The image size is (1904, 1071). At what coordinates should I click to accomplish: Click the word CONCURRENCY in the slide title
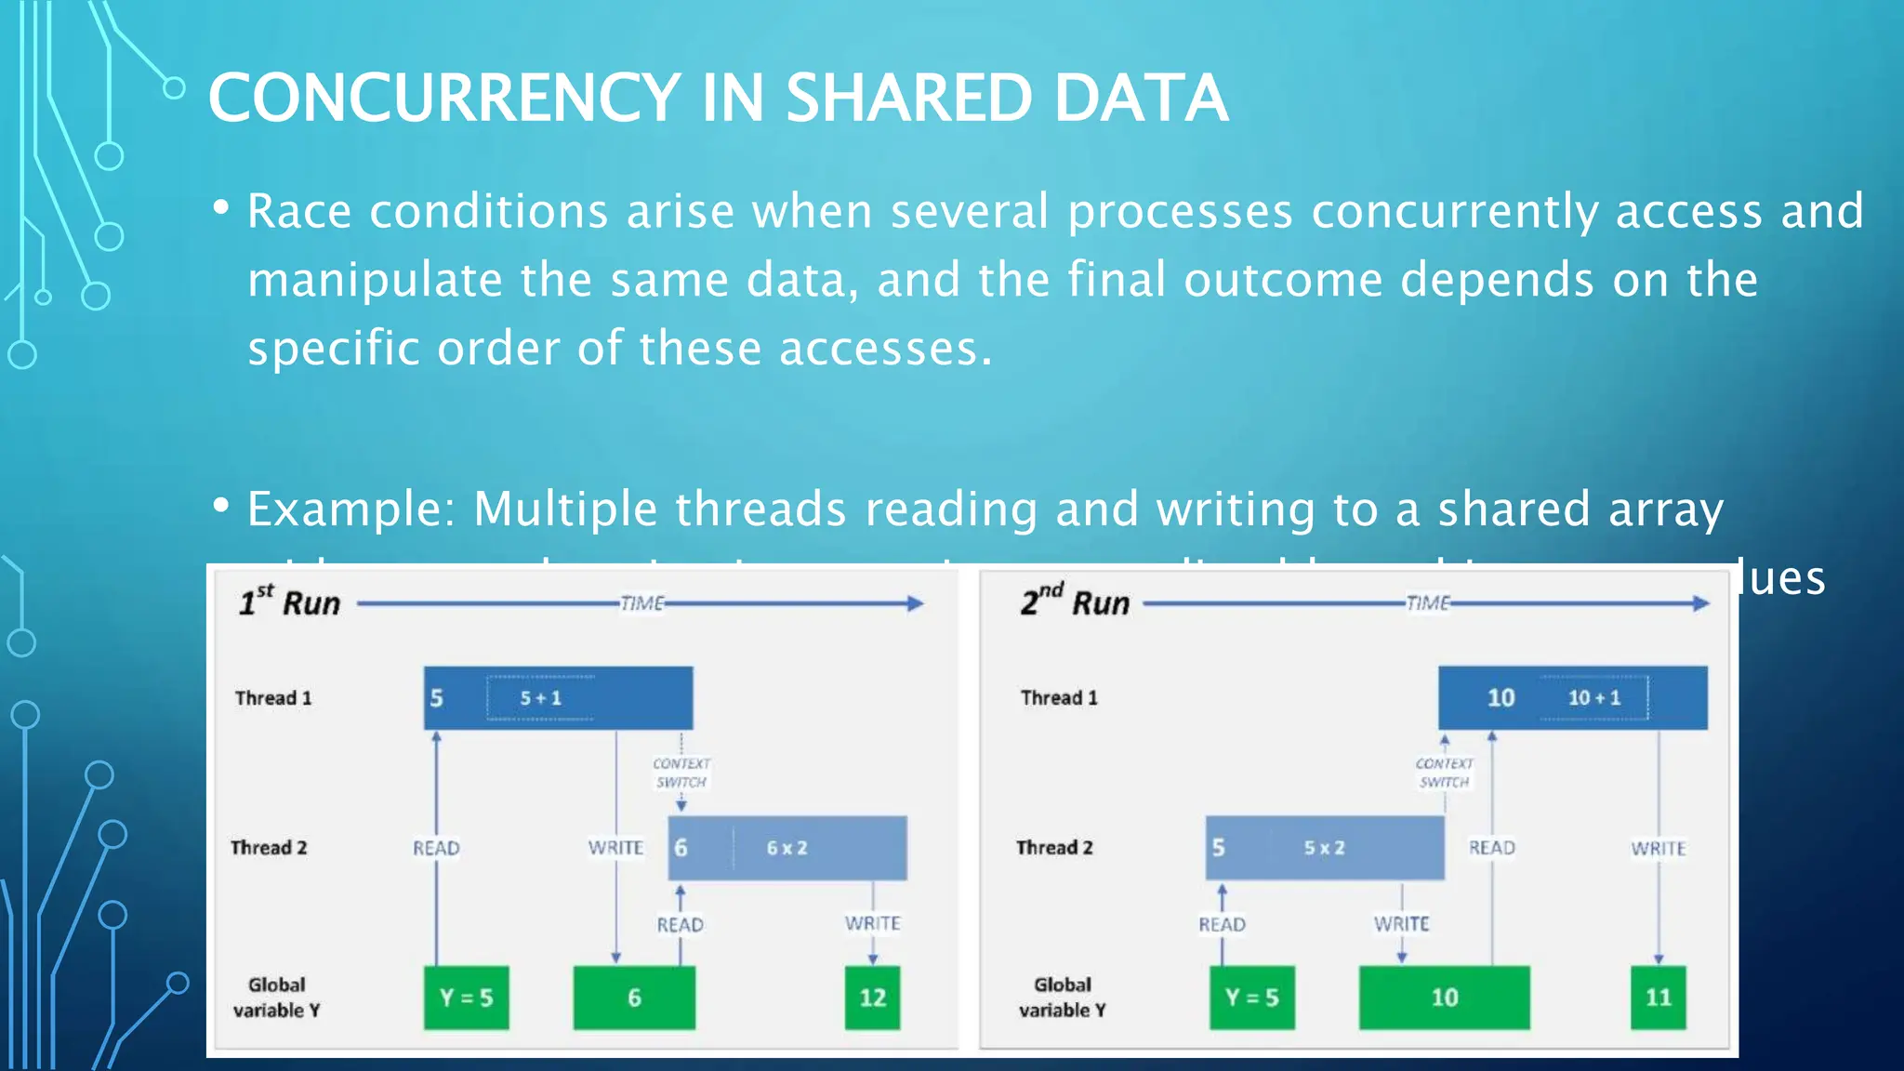444,98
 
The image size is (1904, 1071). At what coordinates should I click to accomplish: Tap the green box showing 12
872,998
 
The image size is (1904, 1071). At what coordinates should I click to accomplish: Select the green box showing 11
1658,998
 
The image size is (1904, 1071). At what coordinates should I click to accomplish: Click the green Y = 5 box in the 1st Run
466,998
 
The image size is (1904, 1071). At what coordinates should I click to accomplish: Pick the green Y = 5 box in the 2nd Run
1251,998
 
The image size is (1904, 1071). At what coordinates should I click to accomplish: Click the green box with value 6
634,998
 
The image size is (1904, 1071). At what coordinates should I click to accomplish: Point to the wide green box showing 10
1444,998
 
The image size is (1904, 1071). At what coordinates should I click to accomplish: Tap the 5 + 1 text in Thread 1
540,698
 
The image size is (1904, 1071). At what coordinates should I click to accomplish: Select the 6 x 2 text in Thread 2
787,848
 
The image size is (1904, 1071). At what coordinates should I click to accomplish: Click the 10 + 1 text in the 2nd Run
1593,698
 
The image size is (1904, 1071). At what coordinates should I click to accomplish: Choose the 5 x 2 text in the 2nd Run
1324,848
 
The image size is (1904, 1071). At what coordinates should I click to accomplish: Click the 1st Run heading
289,603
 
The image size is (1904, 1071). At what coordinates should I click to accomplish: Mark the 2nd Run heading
1075,603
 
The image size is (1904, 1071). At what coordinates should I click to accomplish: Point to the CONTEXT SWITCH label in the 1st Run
681,773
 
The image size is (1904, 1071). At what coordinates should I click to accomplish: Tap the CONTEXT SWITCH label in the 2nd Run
1444,773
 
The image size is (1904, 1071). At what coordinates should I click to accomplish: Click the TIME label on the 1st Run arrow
641,603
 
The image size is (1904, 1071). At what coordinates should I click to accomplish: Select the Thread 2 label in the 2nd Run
1054,848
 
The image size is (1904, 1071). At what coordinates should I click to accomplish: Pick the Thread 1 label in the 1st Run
273,698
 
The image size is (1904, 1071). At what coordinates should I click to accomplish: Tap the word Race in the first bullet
299,211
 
